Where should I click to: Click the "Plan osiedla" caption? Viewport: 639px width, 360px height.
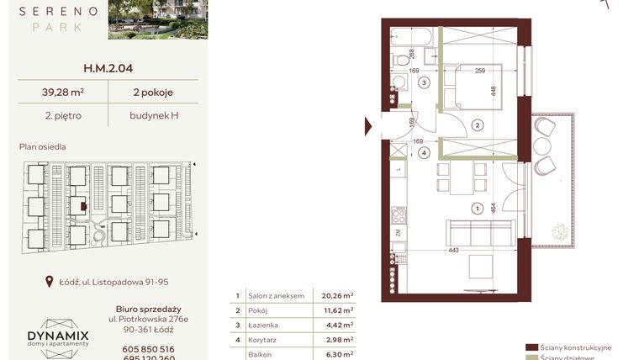point(43,146)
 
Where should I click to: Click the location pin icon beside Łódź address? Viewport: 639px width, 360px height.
point(50,283)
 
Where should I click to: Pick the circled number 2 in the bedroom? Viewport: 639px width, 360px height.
point(477,125)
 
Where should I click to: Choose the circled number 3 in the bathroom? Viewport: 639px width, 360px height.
point(425,82)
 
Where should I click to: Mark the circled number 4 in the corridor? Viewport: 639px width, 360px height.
point(425,153)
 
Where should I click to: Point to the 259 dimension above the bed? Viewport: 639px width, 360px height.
point(479,71)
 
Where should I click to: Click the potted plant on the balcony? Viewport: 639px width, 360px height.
point(556,230)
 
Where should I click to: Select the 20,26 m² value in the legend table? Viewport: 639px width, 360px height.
point(337,296)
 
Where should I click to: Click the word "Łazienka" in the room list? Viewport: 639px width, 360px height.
point(264,325)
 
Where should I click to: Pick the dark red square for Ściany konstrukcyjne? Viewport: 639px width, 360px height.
point(531,347)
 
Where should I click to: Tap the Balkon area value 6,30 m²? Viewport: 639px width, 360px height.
point(337,354)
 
